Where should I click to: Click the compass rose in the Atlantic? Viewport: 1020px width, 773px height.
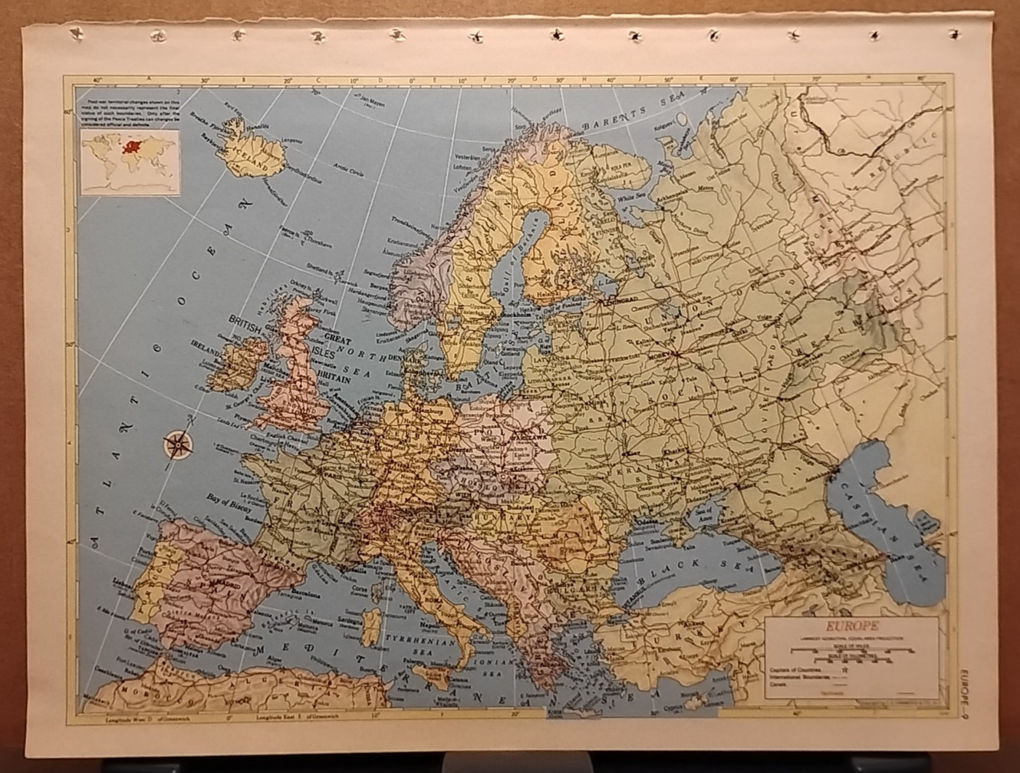coord(179,443)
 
